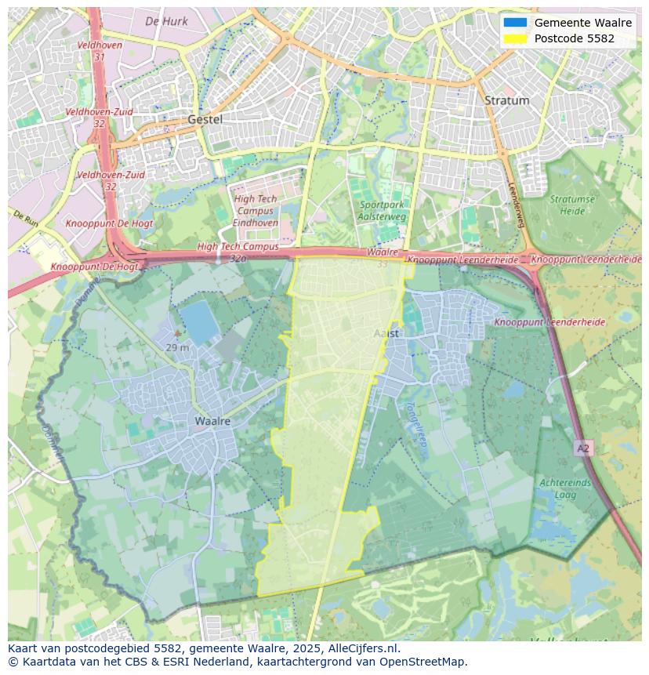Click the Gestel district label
pyautogui.click(x=205, y=120)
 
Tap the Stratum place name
pyautogui.click(x=506, y=100)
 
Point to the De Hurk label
pyautogui.click(x=166, y=22)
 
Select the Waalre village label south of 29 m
pyautogui.click(x=212, y=421)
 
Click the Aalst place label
pyautogui.click(x=386, y=333)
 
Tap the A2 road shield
pyautogui.click(x=582, y=448)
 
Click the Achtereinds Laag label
pyautogui.click(x=564, y=488)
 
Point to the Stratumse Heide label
pyautogui.click(x=572, y=205)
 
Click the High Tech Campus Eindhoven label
pyautogui.click(x=256, y=211)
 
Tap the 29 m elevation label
pyautogui.click(x=177, y=347)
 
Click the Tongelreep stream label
pyautogui.click(x=416, y=423)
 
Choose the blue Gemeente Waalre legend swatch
pyautogui.click(x=515, y=23)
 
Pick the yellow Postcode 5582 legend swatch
pyautogui.click(x=515, y=38)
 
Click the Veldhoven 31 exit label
pyautogui.click(x=99, y=51)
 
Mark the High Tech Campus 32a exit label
pyautogui.click(x=237, y=251)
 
